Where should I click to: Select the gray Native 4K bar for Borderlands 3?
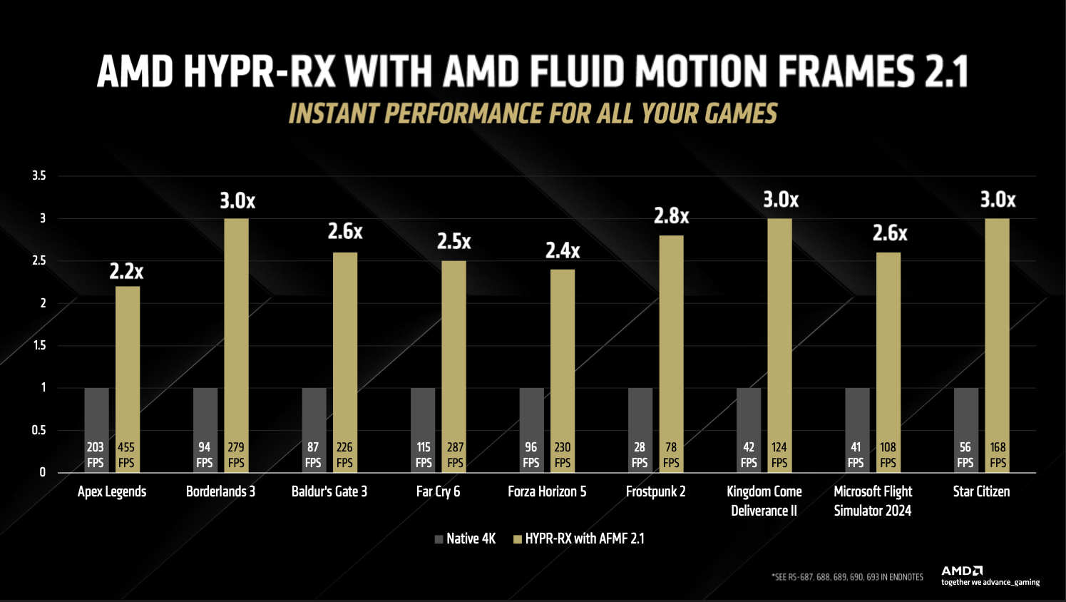point(205,414)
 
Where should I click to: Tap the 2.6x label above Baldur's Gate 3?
point(345,232)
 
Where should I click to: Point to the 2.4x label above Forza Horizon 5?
point(563,250)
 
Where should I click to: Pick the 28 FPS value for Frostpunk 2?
point(640,454)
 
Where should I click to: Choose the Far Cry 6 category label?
point(438,491)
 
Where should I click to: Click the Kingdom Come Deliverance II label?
point(764,501)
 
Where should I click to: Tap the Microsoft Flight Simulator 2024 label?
point(873,501)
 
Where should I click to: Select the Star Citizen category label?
point(981,491)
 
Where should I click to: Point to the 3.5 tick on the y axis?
point(39,175)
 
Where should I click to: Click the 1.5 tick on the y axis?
point(39,345)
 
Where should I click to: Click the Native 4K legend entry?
point(466,539)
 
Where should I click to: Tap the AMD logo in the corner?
point(962,571)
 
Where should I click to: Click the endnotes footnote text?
point(847,577)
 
